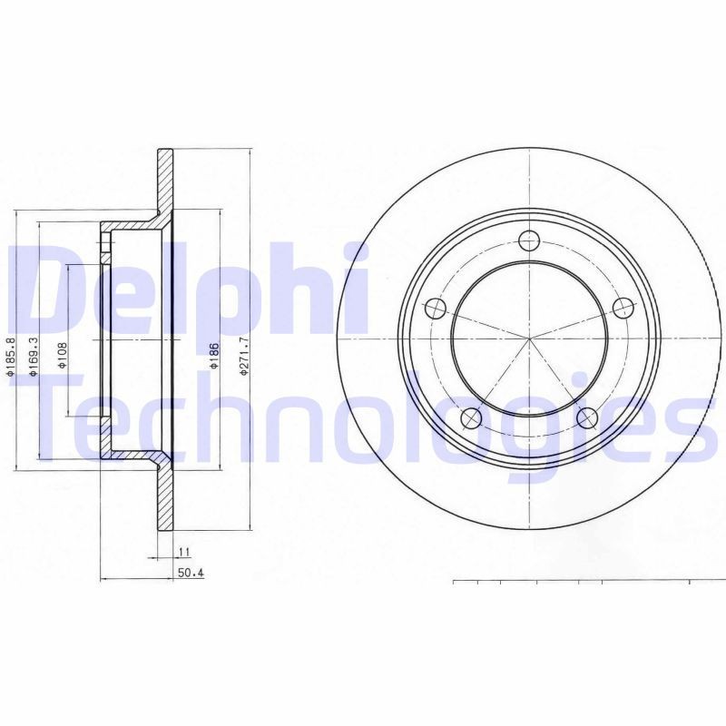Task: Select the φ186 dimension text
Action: coord(214,354)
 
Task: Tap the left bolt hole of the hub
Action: coord(435,308)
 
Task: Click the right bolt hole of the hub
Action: coord(622,308)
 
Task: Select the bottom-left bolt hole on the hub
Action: coord(470,417)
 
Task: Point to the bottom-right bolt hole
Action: coord(586,417)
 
